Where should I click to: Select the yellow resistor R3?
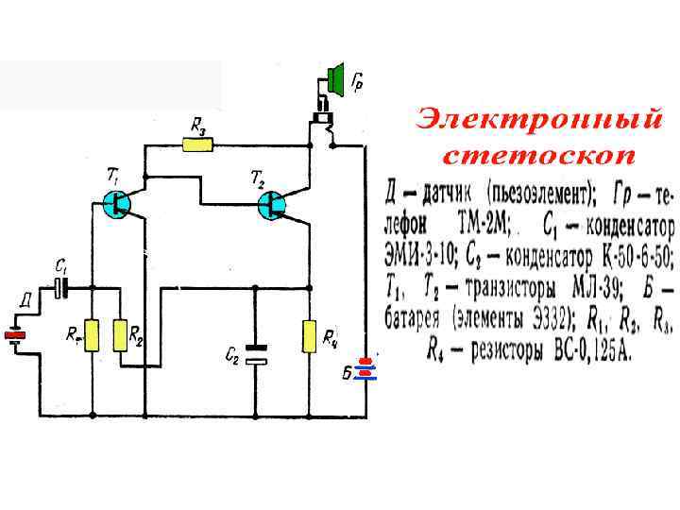[197, 145]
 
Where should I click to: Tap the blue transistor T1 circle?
[119, 203]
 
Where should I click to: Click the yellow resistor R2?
[121, 335]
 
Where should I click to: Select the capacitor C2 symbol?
[256, 354]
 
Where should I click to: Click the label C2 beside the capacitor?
[232, 354]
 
